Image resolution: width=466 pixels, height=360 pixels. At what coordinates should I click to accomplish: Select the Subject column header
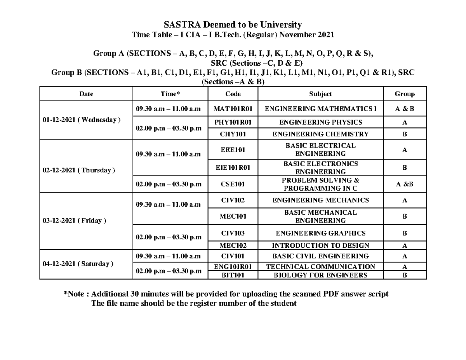pyautogui.click(x=320, y=94)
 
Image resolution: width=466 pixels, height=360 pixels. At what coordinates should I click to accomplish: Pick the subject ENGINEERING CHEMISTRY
pyautogui.click(x=320, y=134)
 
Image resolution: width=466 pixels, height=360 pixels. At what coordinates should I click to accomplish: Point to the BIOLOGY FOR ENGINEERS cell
pyautogui.click(x=320, y=275)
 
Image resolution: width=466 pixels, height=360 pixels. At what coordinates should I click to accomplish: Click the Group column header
pyautogui.click(x=404, y=94)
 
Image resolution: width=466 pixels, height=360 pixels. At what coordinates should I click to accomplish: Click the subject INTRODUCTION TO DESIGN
pyautogui.click(x=320, y=245)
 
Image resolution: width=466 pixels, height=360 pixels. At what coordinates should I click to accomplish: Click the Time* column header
pyautogui.click(x=170, y=94)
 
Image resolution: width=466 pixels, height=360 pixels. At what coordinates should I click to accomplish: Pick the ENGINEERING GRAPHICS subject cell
pyautogui.click(x=320, y=233)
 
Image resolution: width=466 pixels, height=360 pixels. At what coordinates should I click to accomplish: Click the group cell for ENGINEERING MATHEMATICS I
pyautogui.click(x=404, y=109)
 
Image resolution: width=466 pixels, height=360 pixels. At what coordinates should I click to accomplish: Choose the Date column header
pyautogui.click(x=86, y=94)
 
